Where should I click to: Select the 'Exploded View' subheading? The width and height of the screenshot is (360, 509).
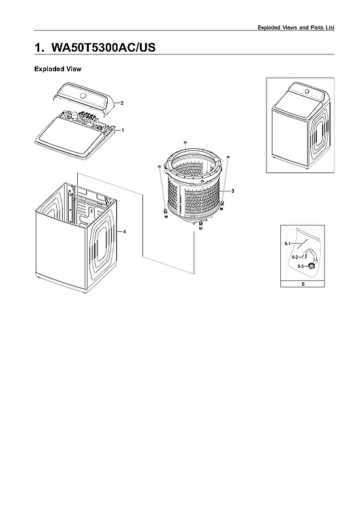[57, 69]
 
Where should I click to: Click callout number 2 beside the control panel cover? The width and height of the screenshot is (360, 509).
[122, 103]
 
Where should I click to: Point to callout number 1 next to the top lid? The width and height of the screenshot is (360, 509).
[123, 131]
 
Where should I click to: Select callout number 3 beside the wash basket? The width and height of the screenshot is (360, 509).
[233, 190]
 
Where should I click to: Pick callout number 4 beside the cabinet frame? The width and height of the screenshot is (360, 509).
[124, 232]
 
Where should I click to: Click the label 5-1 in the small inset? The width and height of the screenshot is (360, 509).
[287, 243]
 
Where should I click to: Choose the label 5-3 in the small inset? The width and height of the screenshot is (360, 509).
[301, 267]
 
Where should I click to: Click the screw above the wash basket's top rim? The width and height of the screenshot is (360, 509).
[186, 141]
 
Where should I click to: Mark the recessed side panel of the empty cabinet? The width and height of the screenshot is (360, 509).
[101, 247]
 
